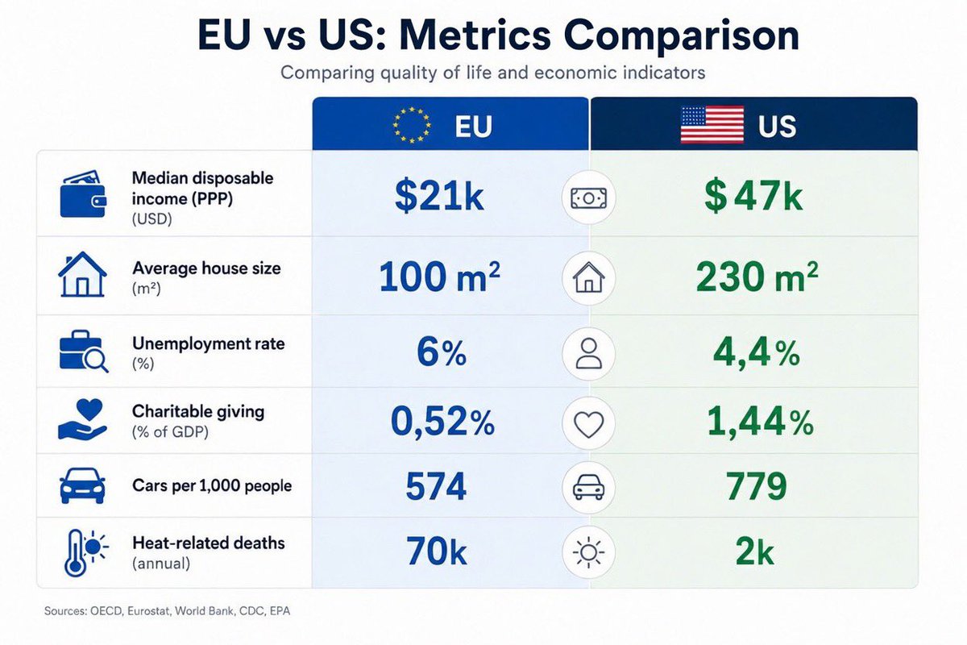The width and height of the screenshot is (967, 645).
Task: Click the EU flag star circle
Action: pos(412,125)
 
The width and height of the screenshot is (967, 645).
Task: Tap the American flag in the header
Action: pos(712,124)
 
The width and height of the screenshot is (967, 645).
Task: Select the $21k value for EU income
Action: pos(439,196)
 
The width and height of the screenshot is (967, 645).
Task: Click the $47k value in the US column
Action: pos(753,196)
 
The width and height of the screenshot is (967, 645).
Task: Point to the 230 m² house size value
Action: pos(757,276)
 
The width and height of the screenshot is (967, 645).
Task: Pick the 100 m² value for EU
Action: pos(439,276)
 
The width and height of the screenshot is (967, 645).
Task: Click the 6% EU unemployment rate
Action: pos(442,352)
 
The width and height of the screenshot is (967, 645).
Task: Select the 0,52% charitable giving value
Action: pos(442,422)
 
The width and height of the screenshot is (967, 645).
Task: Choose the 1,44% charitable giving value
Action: pos(760,422)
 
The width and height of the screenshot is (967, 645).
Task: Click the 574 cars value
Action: pos(436,486)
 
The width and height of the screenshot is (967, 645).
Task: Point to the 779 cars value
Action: pos(757,486)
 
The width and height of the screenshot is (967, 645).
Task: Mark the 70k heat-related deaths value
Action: pos(437,551)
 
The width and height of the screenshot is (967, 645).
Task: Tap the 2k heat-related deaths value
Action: pos(754,551)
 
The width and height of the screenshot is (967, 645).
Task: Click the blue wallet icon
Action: pos(83,194)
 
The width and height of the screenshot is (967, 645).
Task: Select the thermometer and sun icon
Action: pos(86,552)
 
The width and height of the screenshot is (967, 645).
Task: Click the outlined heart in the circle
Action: pos(588,424)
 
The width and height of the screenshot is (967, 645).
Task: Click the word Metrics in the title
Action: pos(475,35)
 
